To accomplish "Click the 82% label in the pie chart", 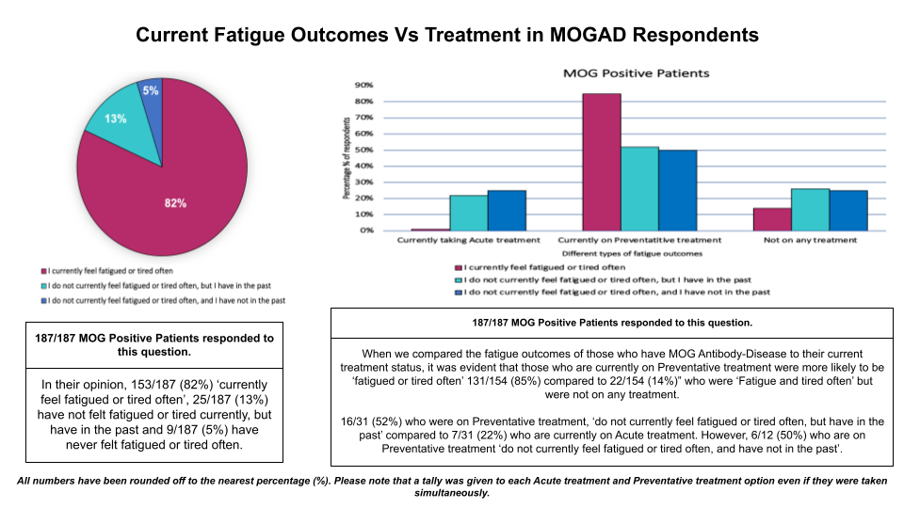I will tap(175, 202).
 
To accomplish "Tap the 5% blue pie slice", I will tap(151, 91).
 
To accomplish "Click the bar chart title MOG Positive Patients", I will tap(636, 72).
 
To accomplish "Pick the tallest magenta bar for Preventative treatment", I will tap(603, 162).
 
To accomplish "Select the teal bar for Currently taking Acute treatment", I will tap(468, 213).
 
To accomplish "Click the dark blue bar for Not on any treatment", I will tap(848, 210).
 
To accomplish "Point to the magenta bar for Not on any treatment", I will tap(772, 219).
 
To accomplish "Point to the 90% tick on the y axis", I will tap(363, 85).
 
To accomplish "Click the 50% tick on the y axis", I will tap(363, 150).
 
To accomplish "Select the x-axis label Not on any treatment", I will tap(811, 240).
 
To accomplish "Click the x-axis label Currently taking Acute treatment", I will tap(468, 240).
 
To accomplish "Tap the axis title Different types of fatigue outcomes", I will tap(632, 253).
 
